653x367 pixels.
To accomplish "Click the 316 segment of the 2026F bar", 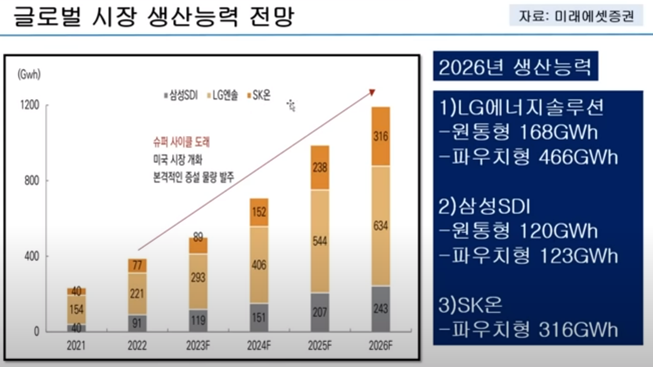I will pyautogui.click(x=381, y=136).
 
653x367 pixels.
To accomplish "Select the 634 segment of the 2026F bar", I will pyautogui.click(x=381, y=226).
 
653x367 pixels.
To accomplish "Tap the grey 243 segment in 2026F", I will pyautogui.click(x=381, y=309).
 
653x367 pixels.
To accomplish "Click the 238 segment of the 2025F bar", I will pyautogui.click(x=320, y=168).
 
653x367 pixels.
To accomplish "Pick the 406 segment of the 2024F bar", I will pyautogui.click(x=259, y=265).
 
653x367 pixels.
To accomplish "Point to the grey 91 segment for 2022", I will pyautogui.click(x=137, y=323).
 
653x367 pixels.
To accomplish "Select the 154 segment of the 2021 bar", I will pyautogui.click(x=76, y=309).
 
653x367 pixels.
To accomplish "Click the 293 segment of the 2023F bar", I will pyautogui.click(x=198, y=278).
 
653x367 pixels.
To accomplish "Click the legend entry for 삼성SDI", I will pyautogui.click(x=181, y=95).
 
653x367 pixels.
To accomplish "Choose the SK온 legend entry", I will pyautogui.click(x=259, y=95).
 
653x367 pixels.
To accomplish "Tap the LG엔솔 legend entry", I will pyautogui.click(x=223, y=95).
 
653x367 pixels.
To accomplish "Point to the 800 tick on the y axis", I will pyautogui.click(x=32, y=181).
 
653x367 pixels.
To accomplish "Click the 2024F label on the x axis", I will pyautogui.click(x=259, y=345).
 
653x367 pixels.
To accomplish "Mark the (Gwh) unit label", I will pyautogui.click(x=29, y=74).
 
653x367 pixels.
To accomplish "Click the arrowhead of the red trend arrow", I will pyautogui.click(x=372, y=92).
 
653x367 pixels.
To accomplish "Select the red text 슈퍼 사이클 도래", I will pyautogui.click(x=181, y=142).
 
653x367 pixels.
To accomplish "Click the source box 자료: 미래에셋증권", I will pyautogui.click(x=576, y=16).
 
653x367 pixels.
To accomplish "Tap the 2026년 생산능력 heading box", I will pyautogui.click(x=515, y=67).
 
